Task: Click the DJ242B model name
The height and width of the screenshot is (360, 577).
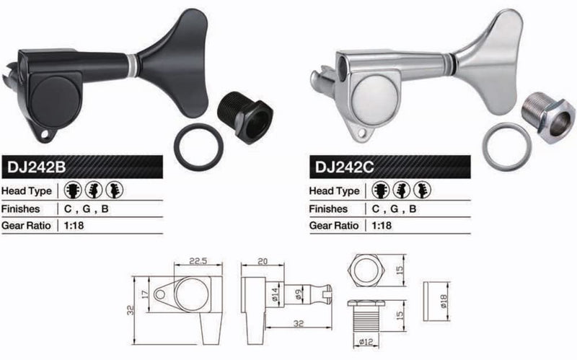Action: click(x=36, y=167)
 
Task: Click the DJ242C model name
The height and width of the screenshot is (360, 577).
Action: click(x=344, y=167)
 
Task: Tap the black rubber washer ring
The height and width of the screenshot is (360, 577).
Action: click(x=175, y=146)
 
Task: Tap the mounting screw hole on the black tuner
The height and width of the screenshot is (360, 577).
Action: click(x=45, y=134)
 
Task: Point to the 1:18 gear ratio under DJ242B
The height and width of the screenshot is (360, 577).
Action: click(x=74, y=225)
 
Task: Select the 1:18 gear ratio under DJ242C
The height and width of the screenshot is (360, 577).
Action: click(x=382, y=225)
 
